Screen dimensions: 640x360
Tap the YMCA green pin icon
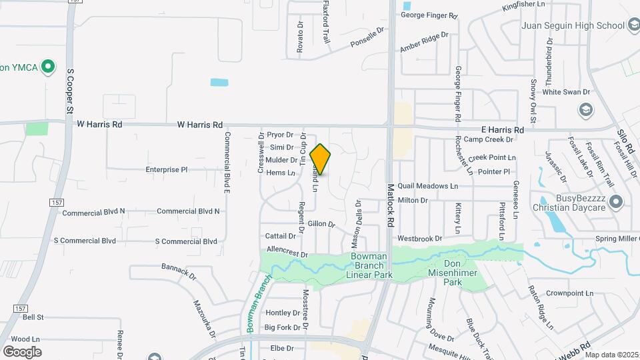(x=47, y=67)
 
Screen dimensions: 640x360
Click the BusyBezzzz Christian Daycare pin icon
(x=616, y=201)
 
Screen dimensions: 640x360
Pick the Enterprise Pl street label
(x=167, y=170)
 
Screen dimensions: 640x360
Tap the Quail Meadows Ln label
(x=428, y=187)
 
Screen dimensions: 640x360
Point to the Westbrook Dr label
(x=419, y=238)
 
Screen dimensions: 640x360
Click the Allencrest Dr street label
(x=287, y=253)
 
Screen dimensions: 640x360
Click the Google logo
(x=22, y=351)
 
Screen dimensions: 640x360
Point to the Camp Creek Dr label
(x=489, y=139)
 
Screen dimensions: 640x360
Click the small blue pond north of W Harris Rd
(x=219, y=83)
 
